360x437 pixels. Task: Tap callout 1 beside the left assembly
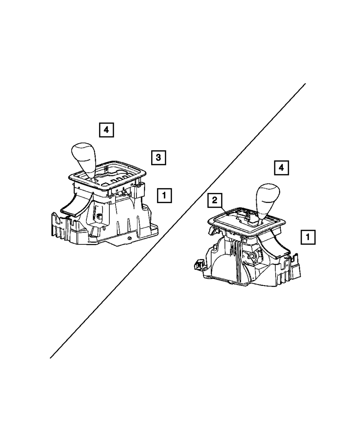[x=164, y=196]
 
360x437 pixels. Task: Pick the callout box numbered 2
[x=215, y=201]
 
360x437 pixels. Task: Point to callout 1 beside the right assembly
[x=308, y=237]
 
